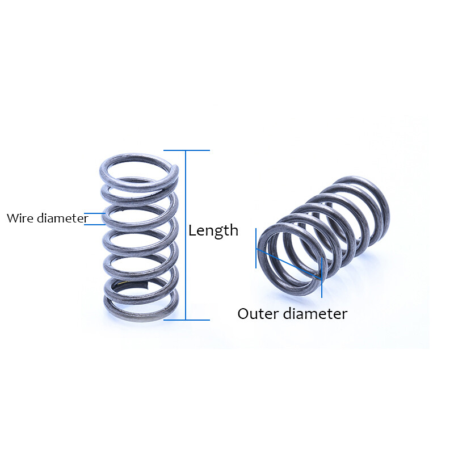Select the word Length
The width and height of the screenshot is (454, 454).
coord(213,230)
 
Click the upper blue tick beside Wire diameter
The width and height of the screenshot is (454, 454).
coord(96,213)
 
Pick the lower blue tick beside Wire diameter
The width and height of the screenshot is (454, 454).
coord(95,224)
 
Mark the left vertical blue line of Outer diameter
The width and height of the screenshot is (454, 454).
coord(256,248)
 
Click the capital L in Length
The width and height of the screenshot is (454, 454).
coord(192,230)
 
